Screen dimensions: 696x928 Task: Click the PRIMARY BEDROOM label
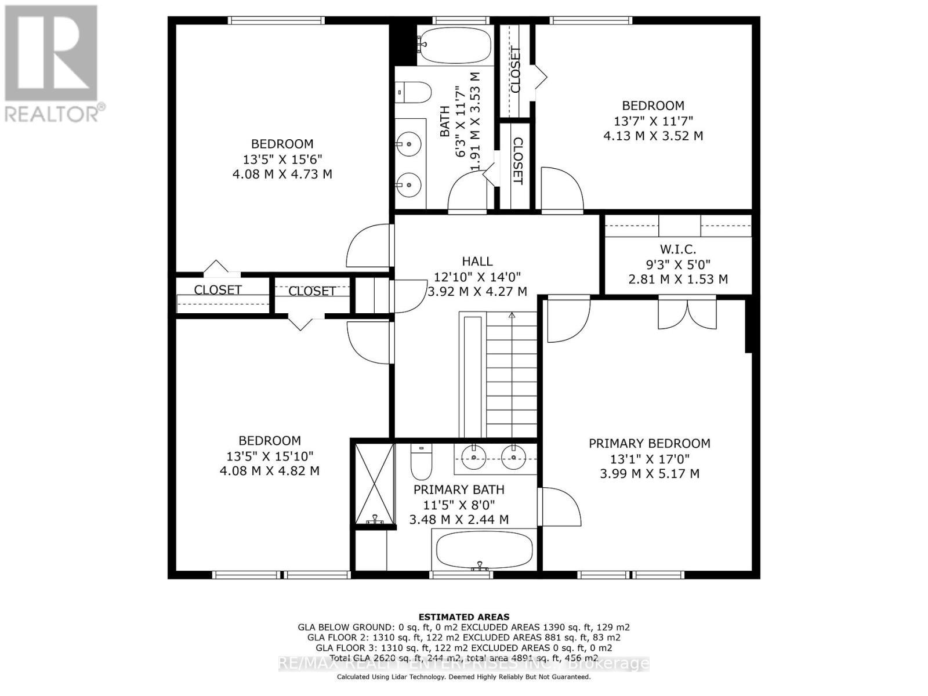coord(649,444)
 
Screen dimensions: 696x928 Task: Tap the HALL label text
coord(477,262)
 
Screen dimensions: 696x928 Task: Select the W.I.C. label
coord(677,249)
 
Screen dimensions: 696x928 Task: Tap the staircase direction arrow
coord(512,316)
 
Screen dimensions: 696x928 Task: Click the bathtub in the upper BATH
coord(455,45)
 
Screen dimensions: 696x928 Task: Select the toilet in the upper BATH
coord(414,92)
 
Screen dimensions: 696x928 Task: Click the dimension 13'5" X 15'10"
coord(270,456)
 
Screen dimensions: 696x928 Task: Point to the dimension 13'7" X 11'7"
coord(653,121)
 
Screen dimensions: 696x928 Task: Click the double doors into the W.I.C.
coord(687,314)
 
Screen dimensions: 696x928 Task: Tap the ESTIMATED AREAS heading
coord(463,617)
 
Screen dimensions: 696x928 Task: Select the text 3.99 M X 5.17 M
coord(649,474)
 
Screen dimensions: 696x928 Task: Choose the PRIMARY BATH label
coord(459,490)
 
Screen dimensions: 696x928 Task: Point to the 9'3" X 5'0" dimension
coord(678,264)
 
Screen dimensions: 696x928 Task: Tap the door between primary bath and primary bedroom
coord(560,506)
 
